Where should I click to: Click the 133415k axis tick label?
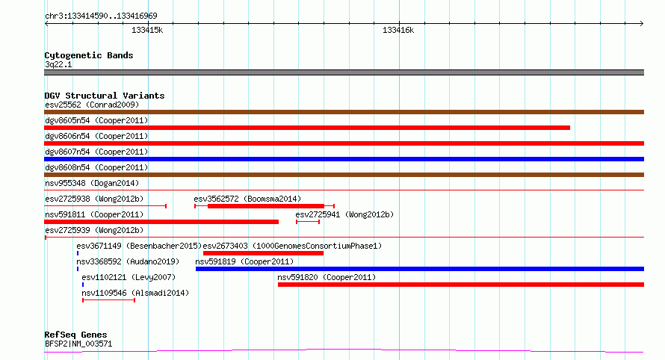[x=147, y=30]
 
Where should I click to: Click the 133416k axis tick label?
[x=398, y=30]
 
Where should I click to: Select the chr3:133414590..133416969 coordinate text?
[x=101, y=16]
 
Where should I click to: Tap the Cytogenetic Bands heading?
[x=89, y=55]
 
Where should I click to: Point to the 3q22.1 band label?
[x=58, y=64]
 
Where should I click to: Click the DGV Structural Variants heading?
[x=105, y=96]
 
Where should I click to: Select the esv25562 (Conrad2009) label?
[x=92, y=105]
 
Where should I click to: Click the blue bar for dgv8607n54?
[x=344, y=159]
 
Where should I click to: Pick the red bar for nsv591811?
[x=161, y=222]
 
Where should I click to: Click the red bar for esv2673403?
[x=263, y=253]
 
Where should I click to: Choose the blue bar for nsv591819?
[x=420, y=269]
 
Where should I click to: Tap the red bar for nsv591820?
[x=461, y=285]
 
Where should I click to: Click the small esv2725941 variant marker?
[x=308, y=222]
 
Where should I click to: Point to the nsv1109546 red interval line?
[x=109, y=300]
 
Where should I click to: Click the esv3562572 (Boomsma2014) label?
[x=247, y=199]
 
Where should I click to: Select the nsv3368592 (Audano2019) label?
[x=128, y=261]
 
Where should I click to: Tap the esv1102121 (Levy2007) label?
[x=129, y=277]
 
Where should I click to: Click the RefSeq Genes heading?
[x=75, y=335]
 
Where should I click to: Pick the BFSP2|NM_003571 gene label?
[x=78, y=344]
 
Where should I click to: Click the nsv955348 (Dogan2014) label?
[x=92, y=183]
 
